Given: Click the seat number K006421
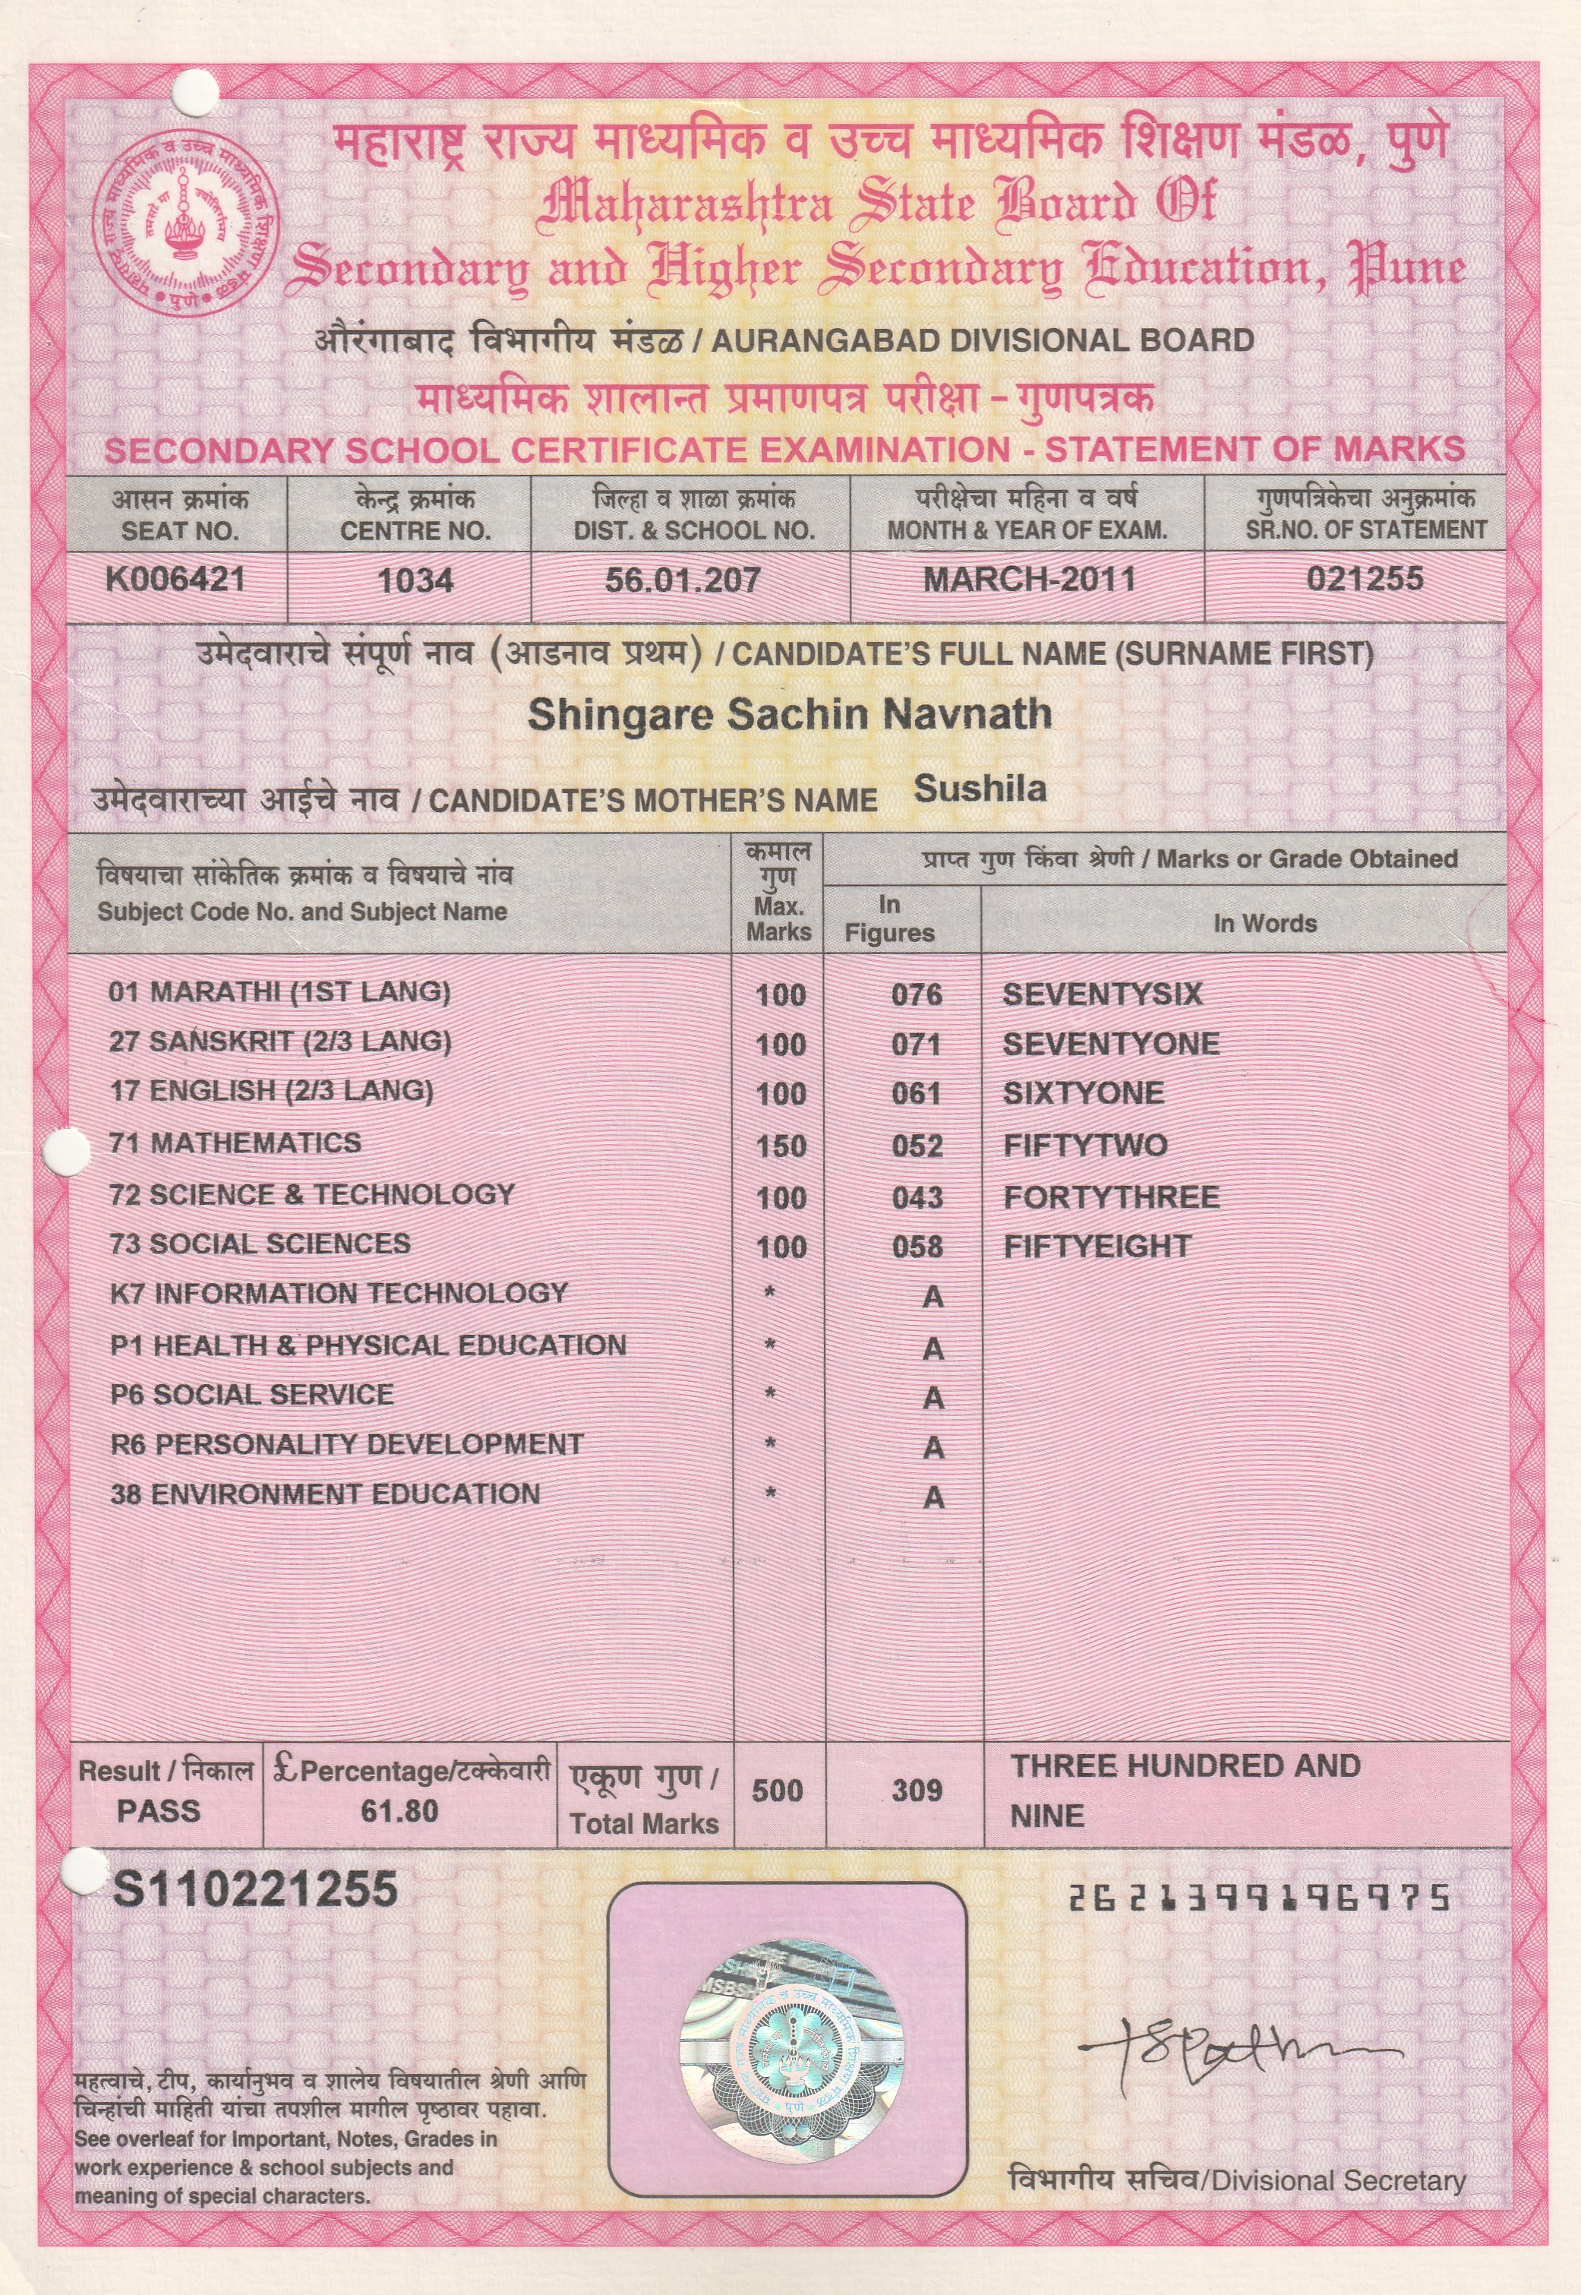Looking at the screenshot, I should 175,580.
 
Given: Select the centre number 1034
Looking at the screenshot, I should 416,580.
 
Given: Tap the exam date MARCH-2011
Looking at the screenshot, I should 1028,580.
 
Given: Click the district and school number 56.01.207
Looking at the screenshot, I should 683,580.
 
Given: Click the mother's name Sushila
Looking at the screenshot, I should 980,789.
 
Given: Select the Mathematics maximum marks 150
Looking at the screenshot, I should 781,1146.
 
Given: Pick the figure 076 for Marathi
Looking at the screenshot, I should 917,995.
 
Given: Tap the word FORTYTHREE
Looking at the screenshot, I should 1110,1197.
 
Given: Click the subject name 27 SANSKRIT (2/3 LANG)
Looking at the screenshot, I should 280,1042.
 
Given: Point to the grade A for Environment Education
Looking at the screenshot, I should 933,1497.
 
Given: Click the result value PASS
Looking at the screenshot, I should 159,1811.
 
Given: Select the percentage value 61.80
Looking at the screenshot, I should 399,1811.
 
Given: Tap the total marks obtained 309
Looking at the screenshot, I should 917,1791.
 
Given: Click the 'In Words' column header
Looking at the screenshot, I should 1264,924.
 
